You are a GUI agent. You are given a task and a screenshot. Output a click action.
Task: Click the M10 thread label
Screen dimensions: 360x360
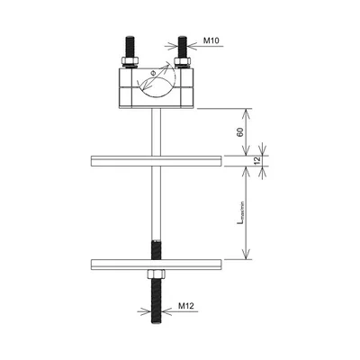coord(212,40)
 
